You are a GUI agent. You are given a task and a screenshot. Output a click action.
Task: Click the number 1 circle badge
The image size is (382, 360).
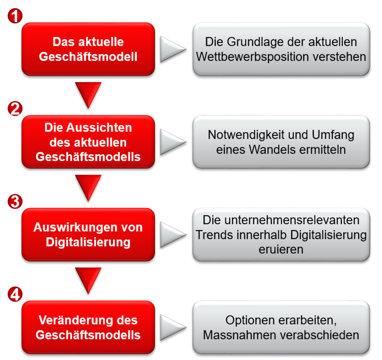(x=15, y=16)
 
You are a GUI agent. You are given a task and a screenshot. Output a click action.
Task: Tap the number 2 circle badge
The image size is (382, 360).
(x=15, y=109)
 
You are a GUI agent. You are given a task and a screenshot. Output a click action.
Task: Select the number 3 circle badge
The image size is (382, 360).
(x=15, y=201)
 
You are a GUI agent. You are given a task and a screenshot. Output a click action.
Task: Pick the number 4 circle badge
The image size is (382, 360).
(x=15, y=294)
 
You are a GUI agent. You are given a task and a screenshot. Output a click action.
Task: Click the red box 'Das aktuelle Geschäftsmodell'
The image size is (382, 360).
(x=88, y=49)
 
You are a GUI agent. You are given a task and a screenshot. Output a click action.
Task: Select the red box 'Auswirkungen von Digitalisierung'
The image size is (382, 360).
(x=88, y=235)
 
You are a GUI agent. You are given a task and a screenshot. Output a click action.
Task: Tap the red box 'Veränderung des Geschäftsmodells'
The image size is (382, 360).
(x=88, y=327)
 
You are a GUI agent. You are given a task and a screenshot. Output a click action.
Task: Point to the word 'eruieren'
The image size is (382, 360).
(x=281, y=250)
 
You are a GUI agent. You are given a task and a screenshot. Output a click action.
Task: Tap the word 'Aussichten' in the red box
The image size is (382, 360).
(x=99, y=128)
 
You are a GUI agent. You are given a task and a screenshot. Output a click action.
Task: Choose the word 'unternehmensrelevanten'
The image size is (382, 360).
(x=292, y=220)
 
